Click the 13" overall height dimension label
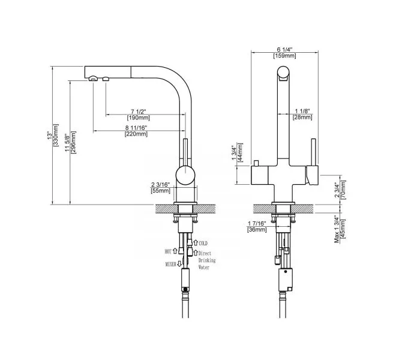[x=49, y=136]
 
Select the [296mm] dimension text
[x=73, y=142]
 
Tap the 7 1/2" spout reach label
[x=139, y=112]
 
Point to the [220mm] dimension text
[x=136, y=134]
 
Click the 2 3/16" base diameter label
[x=160, y=185]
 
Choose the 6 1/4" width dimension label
[x=284, y=49]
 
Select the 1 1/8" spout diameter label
[x=302, y=111]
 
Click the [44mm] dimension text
[x=240, y=152]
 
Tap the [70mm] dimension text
[x=343, y=190]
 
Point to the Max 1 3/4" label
[x=337, y=230]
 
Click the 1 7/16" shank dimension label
[x=257, y=223]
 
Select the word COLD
[x=203, y=243]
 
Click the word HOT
[x=168, y=251]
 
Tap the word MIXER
[x=170, y=264]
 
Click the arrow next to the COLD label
[x=196, y=243]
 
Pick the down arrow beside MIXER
[x=179, y=264]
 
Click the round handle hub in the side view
[x=185, y=175]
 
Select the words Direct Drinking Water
[x=206, y=260]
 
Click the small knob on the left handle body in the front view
[x=256, y=163]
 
